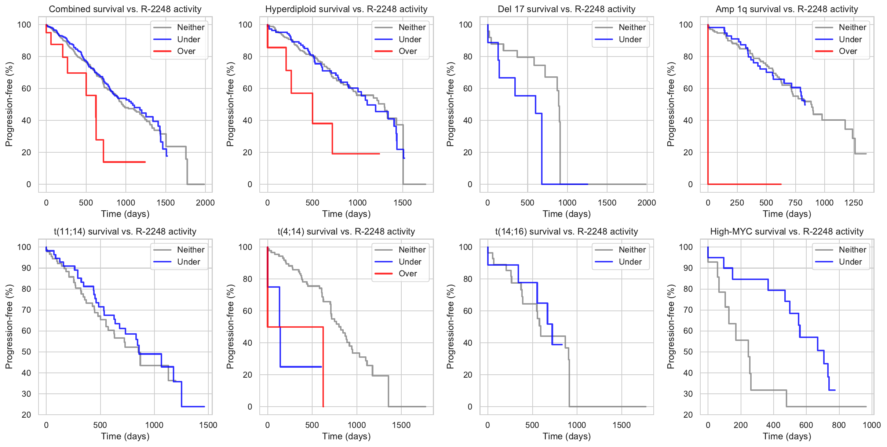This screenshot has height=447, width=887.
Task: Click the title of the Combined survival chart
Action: [x=125, y=9]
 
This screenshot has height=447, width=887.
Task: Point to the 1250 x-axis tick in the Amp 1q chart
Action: [x=853, y=203]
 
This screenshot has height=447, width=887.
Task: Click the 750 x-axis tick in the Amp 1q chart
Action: [x=795, y=203]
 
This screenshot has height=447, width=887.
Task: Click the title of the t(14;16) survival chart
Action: [x=566, y=232]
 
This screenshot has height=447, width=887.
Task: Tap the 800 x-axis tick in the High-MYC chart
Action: [x=839, y=425]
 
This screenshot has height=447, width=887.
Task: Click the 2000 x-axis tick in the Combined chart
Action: [x=205, y=203]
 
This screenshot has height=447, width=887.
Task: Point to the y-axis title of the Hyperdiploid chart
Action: [x=230, y=104]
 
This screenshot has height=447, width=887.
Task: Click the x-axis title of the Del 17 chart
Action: [x=566, y=214]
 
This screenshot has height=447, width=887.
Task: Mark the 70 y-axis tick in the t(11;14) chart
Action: [x=26, y=310]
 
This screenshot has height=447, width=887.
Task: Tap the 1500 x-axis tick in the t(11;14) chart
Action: [x=208, y=425]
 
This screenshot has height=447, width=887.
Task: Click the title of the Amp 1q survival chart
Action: [x=786, y=9]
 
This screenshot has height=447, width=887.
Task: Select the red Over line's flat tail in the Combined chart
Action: [x=125, y=162]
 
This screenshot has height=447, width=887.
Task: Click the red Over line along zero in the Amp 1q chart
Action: [x=745, y=184]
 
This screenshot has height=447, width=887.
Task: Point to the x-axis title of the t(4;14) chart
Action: [x=346, y=436]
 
